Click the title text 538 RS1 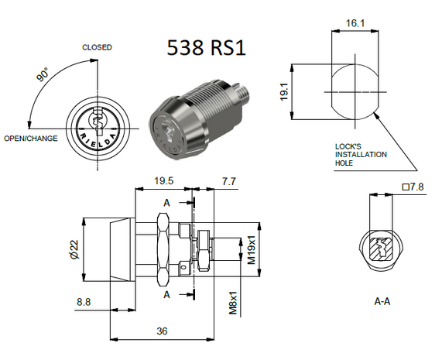point(206,48)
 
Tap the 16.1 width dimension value point(355,24)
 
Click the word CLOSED point(97,47)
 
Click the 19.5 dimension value point(163,181)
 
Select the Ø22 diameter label point(73,249)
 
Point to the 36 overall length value point(162,331)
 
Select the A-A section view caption point(382,300)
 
